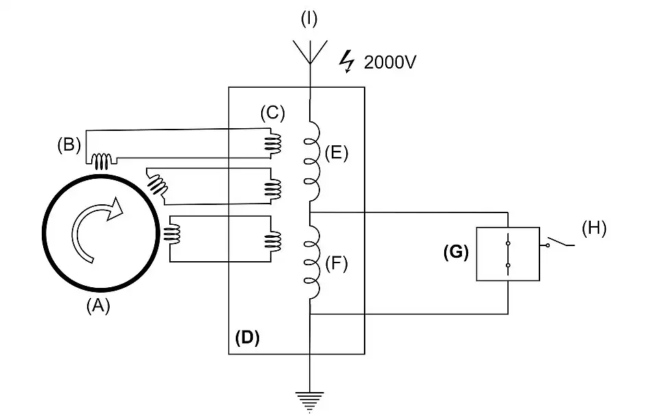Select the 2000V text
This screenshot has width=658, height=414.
(390, 63)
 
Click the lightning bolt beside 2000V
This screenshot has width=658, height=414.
(348, 63)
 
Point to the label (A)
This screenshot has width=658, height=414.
(98, 307)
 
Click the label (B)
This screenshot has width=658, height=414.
(69, 145)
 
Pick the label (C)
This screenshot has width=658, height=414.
(272, 112)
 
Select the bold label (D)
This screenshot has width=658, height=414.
(247, 338)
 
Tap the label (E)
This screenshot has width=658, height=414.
(337, 153)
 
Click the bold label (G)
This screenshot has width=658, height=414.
(456, 252)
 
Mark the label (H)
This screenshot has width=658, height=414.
(594, 228)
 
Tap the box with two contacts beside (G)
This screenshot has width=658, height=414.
(508, 254)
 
